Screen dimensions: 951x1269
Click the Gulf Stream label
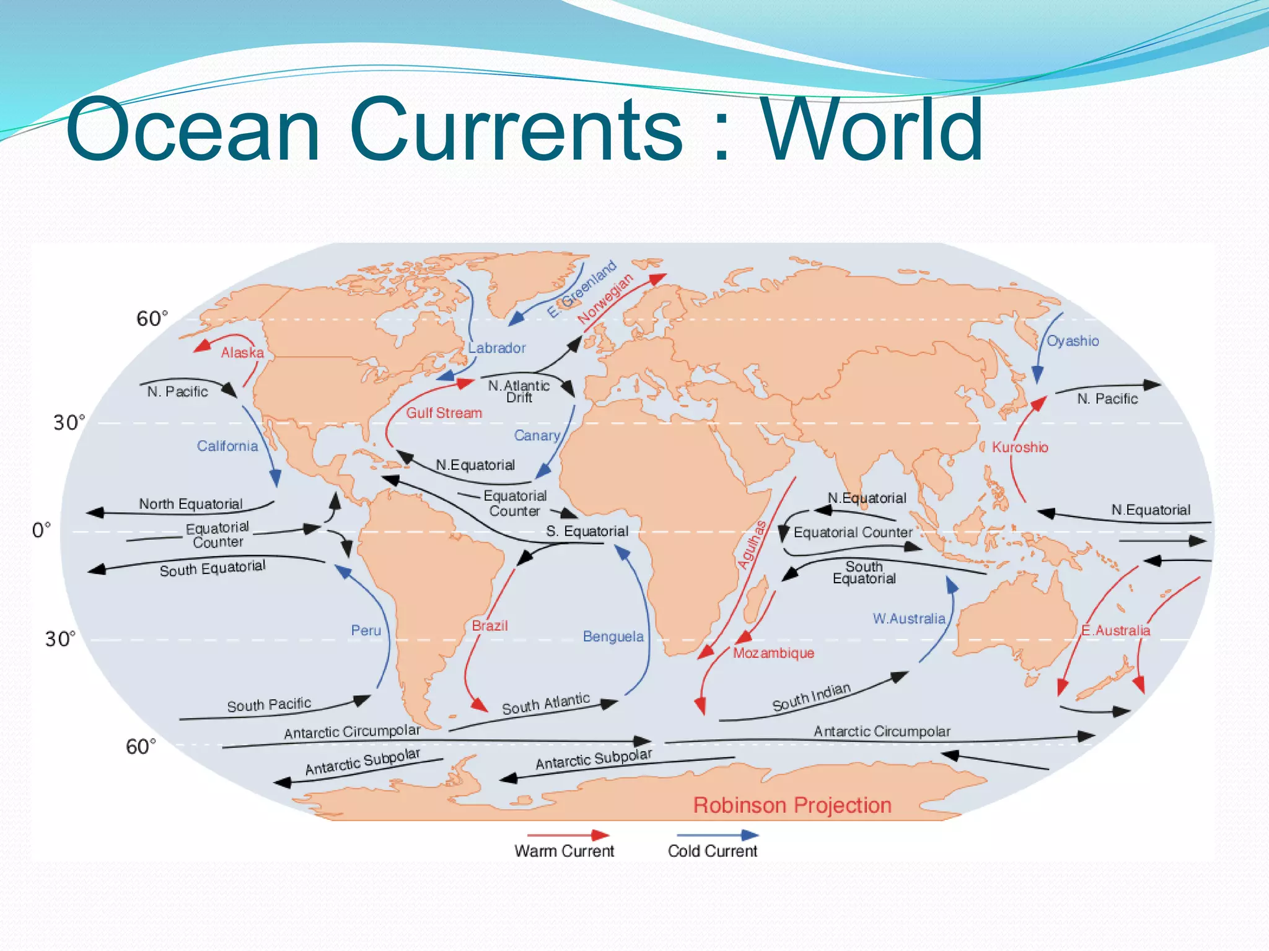444,413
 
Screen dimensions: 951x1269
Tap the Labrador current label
496,348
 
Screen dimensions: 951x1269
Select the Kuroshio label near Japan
1020,447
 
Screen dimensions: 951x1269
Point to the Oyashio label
1073,341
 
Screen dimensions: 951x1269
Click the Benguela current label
613,636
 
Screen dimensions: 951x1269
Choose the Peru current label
366,630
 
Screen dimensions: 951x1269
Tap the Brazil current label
490,625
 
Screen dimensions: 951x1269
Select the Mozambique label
773,653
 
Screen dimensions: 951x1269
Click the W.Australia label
909,619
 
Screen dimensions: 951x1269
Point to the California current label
227,446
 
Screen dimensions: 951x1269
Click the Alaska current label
242,353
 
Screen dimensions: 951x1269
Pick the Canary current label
537,436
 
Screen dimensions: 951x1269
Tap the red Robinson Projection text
792,805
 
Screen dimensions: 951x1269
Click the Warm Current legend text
564,851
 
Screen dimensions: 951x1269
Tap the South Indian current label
811,697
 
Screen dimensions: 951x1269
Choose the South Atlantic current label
545,704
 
